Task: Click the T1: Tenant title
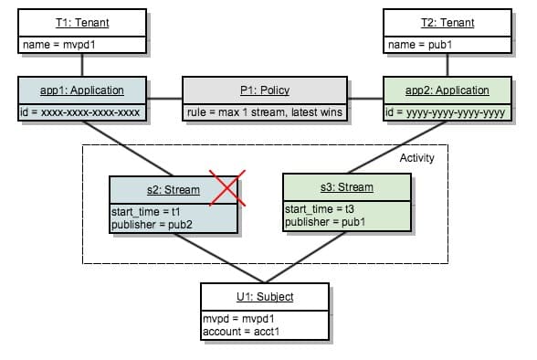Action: point(82,23)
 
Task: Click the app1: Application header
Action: point(82,90)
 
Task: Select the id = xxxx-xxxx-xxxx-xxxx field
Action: point(81,112)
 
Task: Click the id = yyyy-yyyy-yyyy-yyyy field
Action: point(445,112)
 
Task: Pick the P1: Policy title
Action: point(264,90)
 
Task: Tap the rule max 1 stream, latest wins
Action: point(264,112)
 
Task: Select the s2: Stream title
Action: point(173,190)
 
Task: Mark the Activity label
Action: point(416,158)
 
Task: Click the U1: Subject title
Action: point(264,297)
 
